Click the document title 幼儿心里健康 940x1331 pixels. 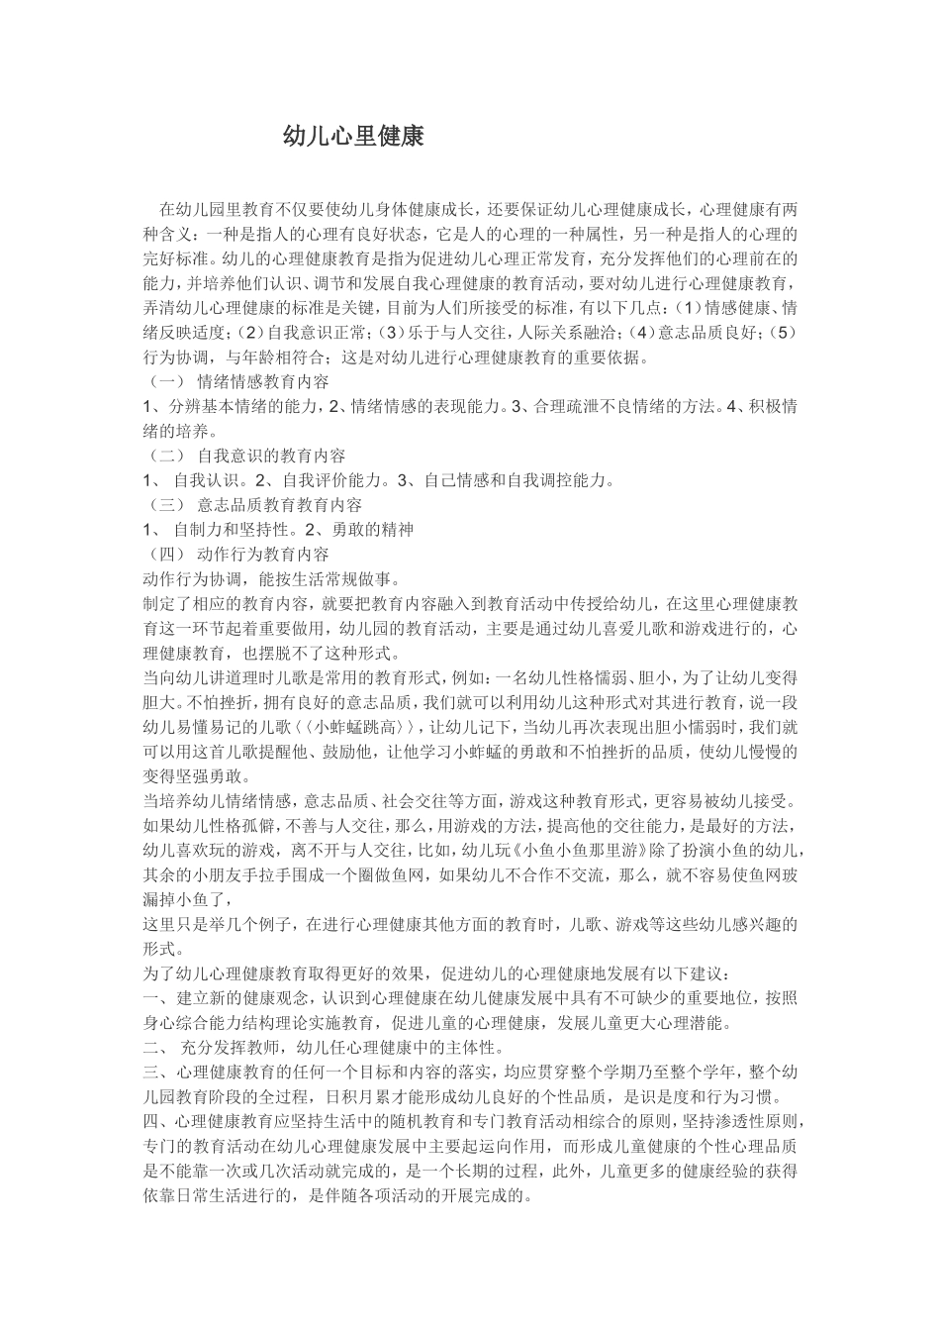click(353, 137)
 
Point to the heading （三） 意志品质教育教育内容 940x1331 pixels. click(253, 505)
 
